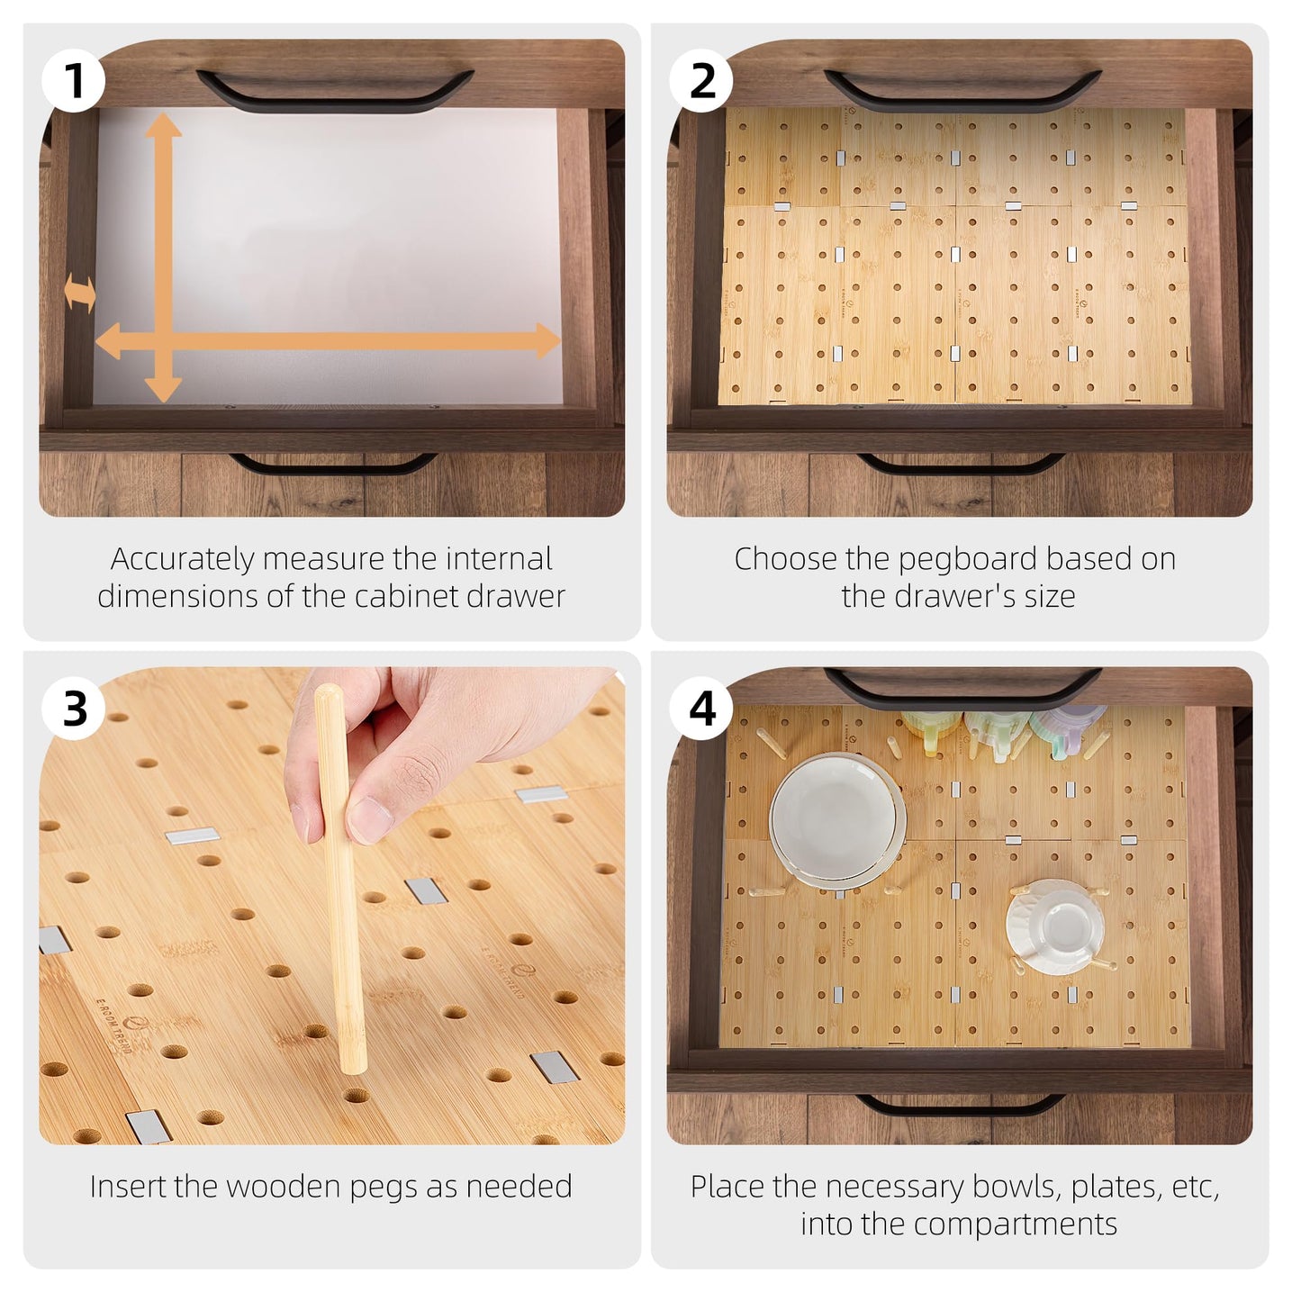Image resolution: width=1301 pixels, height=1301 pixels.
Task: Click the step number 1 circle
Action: click(74, 80)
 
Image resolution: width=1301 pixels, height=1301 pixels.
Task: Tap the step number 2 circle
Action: click(701, 80)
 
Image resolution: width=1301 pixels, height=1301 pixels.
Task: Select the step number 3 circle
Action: click(74, 708)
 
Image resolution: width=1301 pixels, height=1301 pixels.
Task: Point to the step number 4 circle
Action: click(701, 708)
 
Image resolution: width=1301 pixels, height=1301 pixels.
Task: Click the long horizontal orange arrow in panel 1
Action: click(360, 341)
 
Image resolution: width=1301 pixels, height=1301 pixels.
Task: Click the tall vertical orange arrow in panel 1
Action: click(163, 225)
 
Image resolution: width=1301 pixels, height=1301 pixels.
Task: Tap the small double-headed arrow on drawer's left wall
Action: click(80, 294)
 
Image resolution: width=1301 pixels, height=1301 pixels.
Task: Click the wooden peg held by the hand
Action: click(342, 945)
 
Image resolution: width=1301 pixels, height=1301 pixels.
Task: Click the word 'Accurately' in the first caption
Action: click(182, 559)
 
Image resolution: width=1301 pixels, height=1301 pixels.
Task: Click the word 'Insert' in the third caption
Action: click(129, 1187)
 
